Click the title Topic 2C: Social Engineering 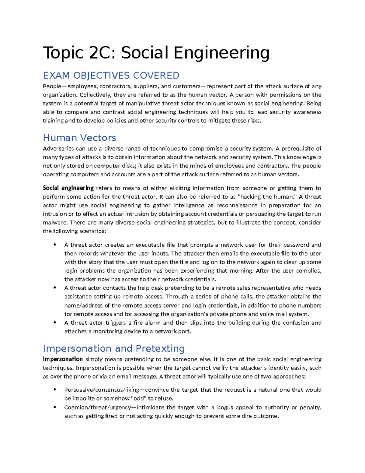tap(156, 53)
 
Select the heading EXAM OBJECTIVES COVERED tap(111, 75)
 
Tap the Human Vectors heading tap(79, 138)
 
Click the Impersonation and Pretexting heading tap(114, 348)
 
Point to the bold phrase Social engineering tap(68, 188)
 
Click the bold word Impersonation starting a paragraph tap(63, 359)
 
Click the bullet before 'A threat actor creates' tap(55, 245)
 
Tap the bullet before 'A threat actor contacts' tap(55, 288)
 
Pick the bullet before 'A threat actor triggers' tap(55, 322)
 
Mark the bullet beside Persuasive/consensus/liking tap(55, 390)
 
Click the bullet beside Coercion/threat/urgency tap(55, 407)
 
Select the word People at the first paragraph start tap(52, 86)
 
